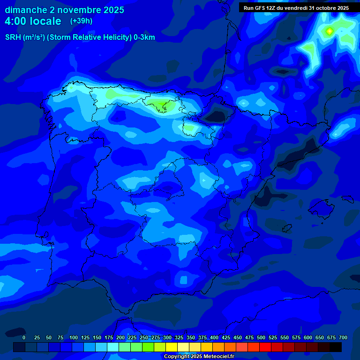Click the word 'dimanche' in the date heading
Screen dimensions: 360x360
(25, 10)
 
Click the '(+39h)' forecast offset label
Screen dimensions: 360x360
(81, 21)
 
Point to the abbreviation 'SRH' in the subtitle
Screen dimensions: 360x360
(13, 37)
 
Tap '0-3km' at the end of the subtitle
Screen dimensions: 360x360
(143, 37)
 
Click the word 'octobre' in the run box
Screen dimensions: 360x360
(322, 8)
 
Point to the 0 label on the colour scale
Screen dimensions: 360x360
(24, 337)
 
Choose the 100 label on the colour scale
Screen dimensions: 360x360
(74, 337)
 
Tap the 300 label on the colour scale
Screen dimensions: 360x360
(167, 337)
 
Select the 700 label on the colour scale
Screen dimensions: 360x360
(343, 337)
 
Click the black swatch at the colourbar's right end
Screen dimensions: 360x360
(336, 347)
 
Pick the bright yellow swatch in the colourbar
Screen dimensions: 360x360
(172, 347)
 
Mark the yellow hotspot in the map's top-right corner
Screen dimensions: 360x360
(329, 31)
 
